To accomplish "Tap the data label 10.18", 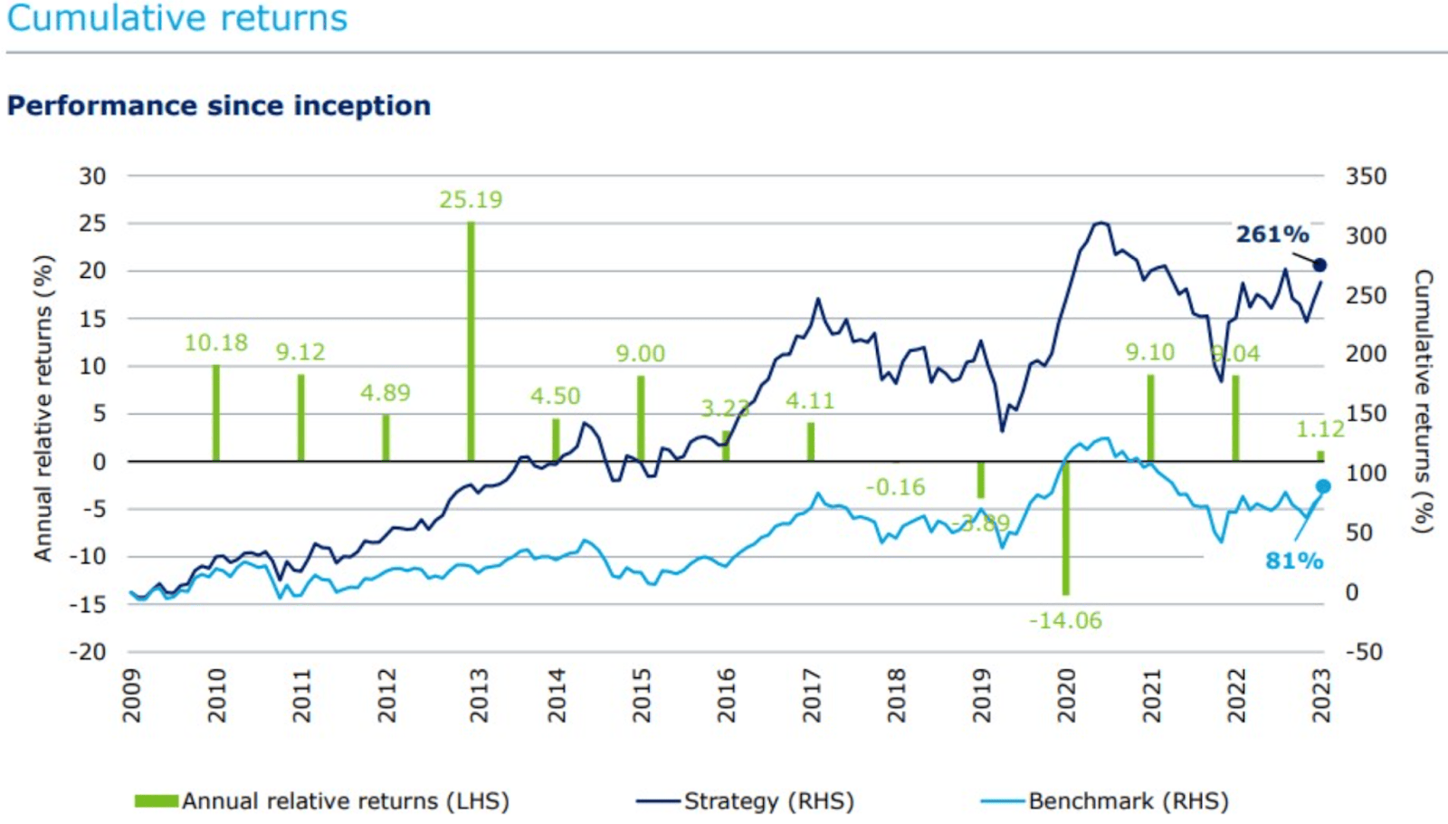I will pyautogui.click(x=215, y=343).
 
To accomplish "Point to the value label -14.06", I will pyautogui.click(x=1065, y=621).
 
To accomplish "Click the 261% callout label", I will pyautogui.click(x=1272, y=235).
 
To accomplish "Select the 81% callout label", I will pyautogui.click(x=1293, y=561).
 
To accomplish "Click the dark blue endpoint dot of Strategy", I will pyautogui.click(x=1319, y=265).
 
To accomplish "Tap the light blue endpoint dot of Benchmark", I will pyautogui.click(x=1322, y=487).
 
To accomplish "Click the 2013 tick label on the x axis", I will pyautogui.click(x=479, y=695).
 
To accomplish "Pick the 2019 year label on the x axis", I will pyautogui.click(x=982, y=695).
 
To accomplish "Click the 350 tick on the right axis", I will pyautogui.click(x=1365, y=177).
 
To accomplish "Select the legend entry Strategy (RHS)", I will pyautogui.click(x=767, y=801).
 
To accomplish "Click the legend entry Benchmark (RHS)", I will pyautogui.click(x=1128, y=801).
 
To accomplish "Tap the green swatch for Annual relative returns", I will pyautogui.click(x=156, y=801).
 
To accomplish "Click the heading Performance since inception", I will pyautogui.click(x=219, y=106).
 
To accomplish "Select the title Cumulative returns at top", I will pyautogui.click(x=177, y=18).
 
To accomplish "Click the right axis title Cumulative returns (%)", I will pyautogui.click(x=1423, y=401).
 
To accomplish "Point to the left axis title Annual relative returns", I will pyautogui.click(x=43, y=407).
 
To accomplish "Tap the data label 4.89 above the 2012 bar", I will pyautogui.click(x=385, y=393).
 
